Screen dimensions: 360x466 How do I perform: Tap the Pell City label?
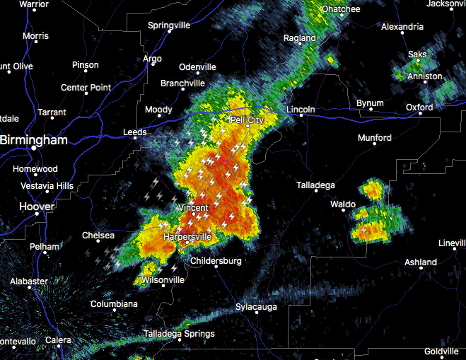click(246, 121)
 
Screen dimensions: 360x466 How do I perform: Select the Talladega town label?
click(315, 185)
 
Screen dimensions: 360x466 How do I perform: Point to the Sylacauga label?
click(256, 308)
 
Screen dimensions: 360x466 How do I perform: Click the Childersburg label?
click(216, 261)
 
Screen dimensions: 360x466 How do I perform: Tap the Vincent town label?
click(192, 208)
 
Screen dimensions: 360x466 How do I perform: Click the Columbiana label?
click(114, 304)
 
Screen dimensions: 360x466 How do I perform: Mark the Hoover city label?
click(37, 207)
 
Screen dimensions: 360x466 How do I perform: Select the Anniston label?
click(425, 76)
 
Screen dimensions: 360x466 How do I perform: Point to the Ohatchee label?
click(341, 9)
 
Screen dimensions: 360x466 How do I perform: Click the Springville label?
click(169, 25)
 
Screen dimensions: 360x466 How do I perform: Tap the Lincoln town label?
click(301, 110)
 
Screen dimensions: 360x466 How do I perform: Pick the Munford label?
click(375, 138)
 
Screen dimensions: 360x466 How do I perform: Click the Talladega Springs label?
click(179, 334)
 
